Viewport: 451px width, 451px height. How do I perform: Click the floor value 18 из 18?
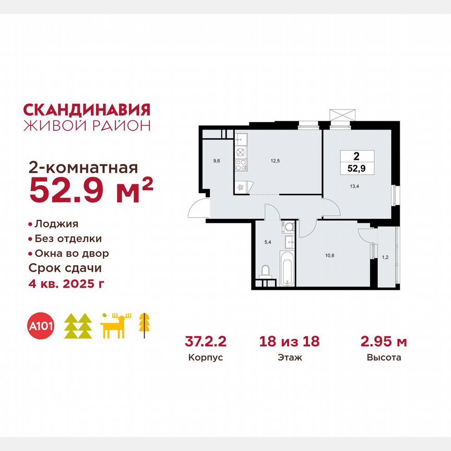point(290,342)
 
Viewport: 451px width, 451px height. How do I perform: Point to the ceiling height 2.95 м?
point(384,342)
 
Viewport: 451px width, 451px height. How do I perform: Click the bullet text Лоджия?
point(56,224)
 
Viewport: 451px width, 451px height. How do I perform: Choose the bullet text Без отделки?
point(68,239)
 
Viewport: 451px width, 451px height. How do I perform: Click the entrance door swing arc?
point(198,210)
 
